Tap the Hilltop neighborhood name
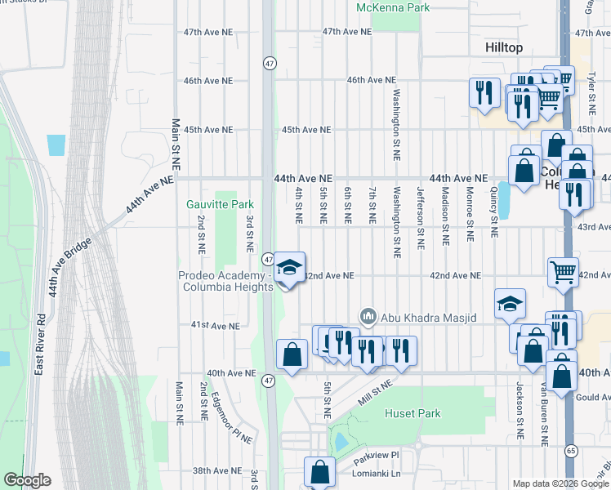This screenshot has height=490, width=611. pyautogui.click(x=504, y=48)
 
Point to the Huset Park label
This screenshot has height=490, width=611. pyautogui.click(x=413, y=414)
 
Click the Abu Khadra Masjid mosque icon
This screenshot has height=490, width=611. pyautogui.click(x=368, y=315)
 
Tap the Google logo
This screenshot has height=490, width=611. pyautogui.click(x=26, y=480)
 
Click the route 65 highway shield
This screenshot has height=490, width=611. pyautogui.click(x=570, y=451)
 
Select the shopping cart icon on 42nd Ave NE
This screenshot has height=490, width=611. pyautogui.click(x=564, y=272)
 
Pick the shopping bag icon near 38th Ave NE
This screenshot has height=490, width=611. pyautogui.click(x=319, y=471)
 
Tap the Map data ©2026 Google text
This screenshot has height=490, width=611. pyautogui.click(x=560, y=483)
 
